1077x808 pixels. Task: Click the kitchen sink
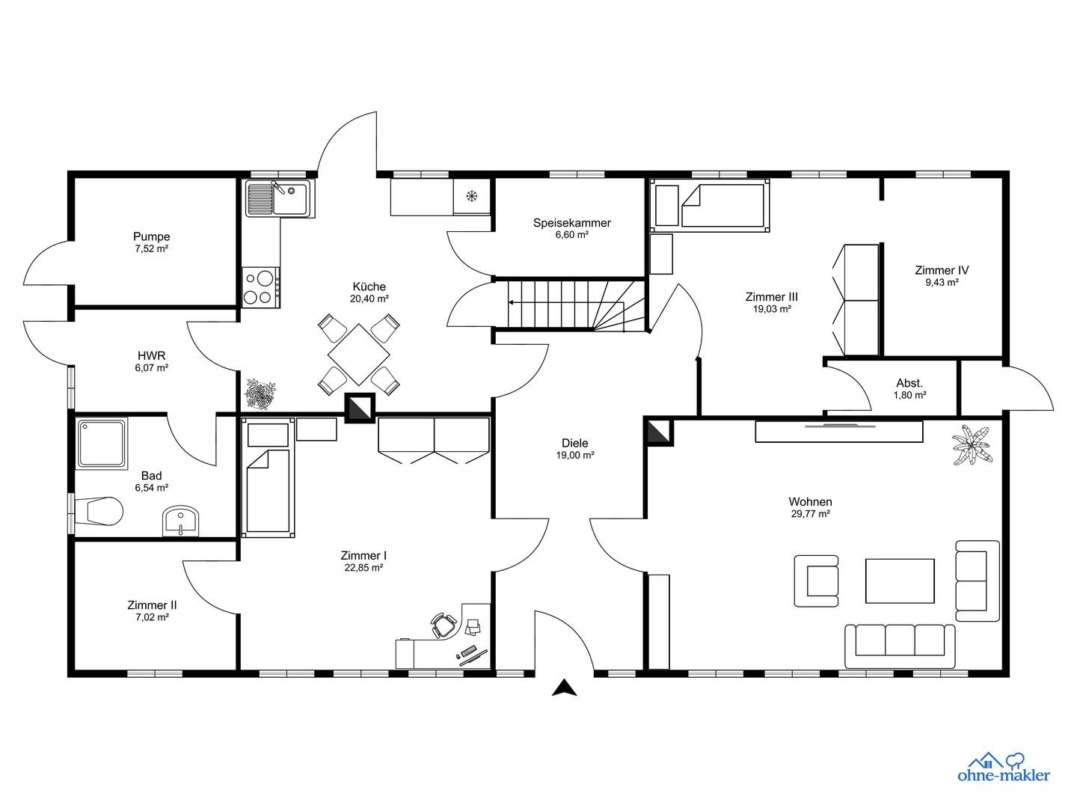tap(279, 198)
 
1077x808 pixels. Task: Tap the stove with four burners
tap(260, 287)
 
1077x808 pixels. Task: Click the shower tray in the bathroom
tap(102, 443)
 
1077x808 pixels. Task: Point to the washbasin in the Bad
tap(180, 521)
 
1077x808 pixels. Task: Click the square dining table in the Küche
tap(359, 354)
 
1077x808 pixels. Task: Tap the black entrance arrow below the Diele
tap(564, 688)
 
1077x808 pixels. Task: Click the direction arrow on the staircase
tap(566, 303)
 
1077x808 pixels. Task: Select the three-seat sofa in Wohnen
tap(900, 646)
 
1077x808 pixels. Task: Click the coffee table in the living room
tap(900, 581)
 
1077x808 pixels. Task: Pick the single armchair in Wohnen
tap(817, 581)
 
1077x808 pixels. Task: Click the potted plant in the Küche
tap(260, 394)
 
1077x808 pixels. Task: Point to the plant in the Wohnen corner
tap(972, 445)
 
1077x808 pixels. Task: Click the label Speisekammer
tap(572, 223)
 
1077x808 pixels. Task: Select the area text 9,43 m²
tap(942, 283)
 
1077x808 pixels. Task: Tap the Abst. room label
tap(909, 383)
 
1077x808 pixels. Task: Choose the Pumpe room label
tap(152, 236)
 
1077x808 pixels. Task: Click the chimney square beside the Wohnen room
tap(658, 432)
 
